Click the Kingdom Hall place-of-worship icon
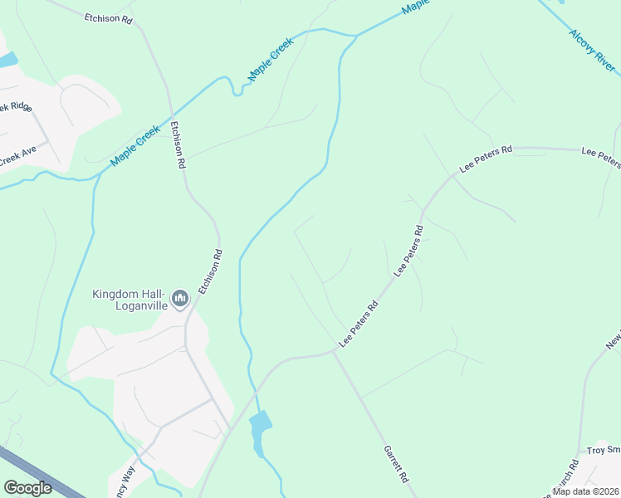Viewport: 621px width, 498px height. pos(178,297)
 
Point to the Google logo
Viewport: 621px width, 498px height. pos(27,488)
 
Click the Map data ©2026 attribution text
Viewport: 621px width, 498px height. pos(584,491)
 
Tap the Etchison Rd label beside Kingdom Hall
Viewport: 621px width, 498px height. pos(210,272)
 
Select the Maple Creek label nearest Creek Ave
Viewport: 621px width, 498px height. pos(134,144)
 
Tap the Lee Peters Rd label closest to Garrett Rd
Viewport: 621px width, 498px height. pos(359,325)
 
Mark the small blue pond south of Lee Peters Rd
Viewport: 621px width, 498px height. pos(260,427)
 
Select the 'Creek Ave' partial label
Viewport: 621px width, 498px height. pos(18,154)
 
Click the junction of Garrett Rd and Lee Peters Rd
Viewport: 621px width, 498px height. pos(334,351)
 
